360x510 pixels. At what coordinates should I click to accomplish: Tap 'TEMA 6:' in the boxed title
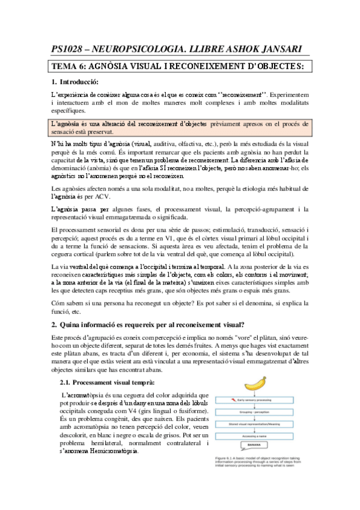tap(69, 66)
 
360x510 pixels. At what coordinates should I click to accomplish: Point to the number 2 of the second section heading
tap(53, 325)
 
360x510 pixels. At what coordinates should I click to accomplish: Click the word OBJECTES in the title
tap(274, 66)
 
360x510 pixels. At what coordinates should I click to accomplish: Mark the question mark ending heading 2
tap(242, 325)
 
